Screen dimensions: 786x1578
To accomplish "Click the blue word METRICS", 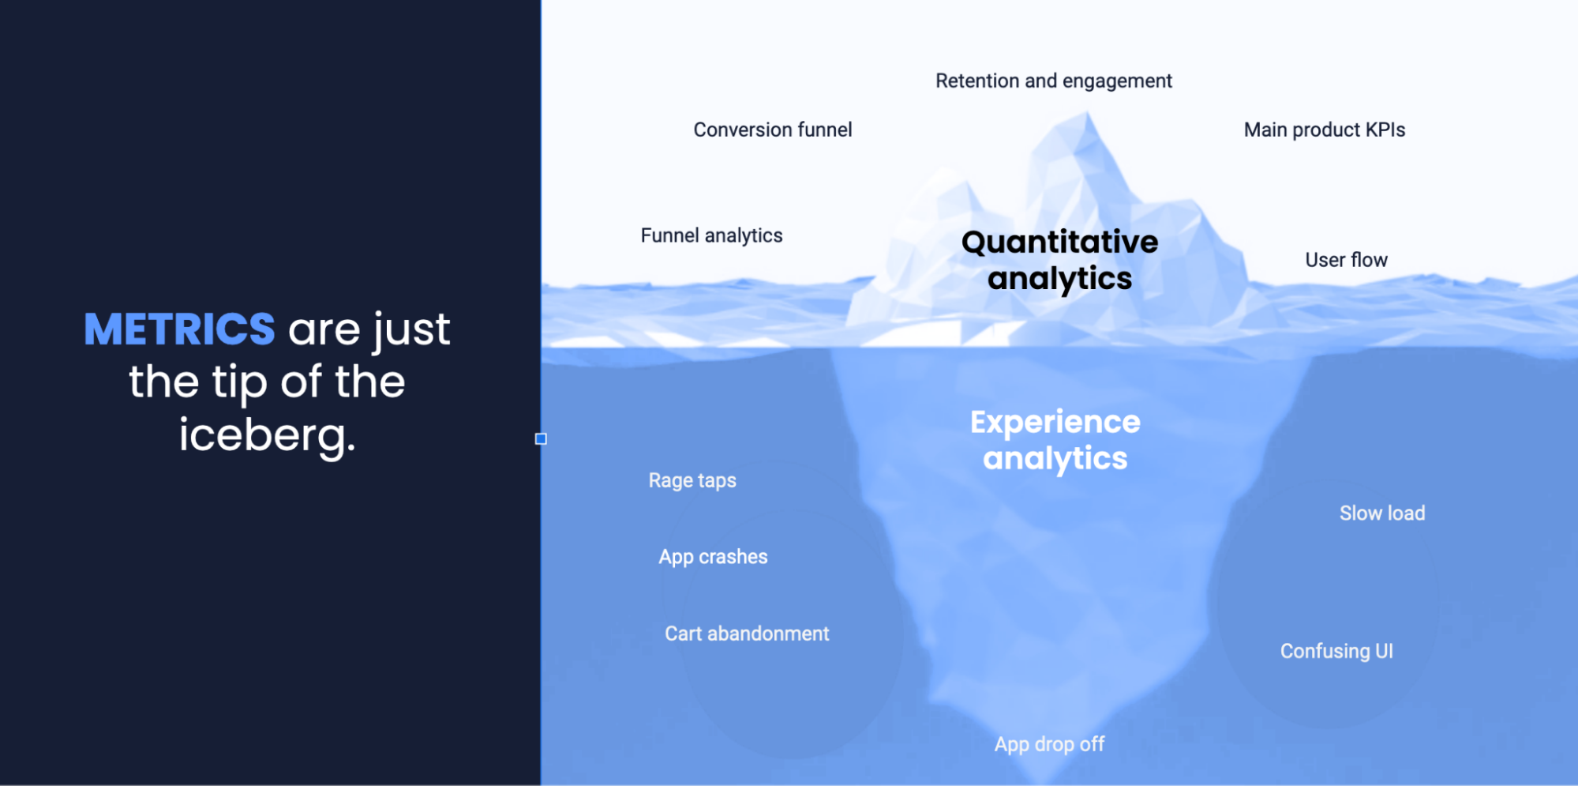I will [179, 329].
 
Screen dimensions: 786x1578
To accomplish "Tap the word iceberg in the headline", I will [266, 435].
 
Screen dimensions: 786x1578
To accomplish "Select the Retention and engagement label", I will [1053, 81].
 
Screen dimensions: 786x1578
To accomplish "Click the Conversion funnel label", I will [772, 130].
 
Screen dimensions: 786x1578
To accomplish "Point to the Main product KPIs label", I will [1324, 130].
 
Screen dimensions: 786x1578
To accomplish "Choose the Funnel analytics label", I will [711, 235].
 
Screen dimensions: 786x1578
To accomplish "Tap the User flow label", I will [1345, 260].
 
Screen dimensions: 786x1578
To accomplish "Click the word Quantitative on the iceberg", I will [1059, 242].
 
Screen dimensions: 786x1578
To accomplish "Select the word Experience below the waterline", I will [1055, 422].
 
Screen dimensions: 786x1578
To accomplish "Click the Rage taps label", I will [692, 480].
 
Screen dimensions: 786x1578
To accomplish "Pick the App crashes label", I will [713, 557].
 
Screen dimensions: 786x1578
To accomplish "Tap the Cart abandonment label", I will [746, 634].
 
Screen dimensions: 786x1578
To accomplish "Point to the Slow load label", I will [1381, 513].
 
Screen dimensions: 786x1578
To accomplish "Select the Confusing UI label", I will [1336, 651].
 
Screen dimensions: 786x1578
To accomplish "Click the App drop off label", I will [1048, 744].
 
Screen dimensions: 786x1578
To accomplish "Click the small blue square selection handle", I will [541, 438].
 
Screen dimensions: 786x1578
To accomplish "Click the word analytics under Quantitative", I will [1059, 279].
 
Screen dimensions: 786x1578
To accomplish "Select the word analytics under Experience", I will [1055, 459].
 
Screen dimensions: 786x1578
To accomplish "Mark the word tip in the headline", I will [239, 382].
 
